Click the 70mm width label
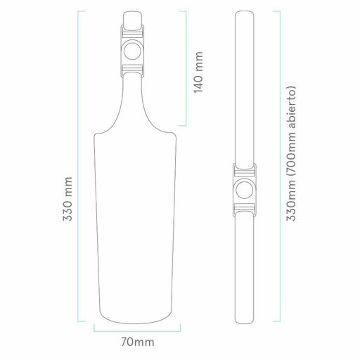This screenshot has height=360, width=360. [138, 342]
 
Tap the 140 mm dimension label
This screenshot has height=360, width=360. [198, 72]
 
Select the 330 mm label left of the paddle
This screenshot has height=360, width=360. [67, 199]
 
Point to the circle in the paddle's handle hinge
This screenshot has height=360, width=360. [132, 51]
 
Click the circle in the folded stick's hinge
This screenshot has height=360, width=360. [245, 190]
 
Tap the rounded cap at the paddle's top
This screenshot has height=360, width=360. [132, 20]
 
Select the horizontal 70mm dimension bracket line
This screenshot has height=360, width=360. [137, 331]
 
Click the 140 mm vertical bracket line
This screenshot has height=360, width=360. [186, 68]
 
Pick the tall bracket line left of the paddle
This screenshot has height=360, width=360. [78, 166]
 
